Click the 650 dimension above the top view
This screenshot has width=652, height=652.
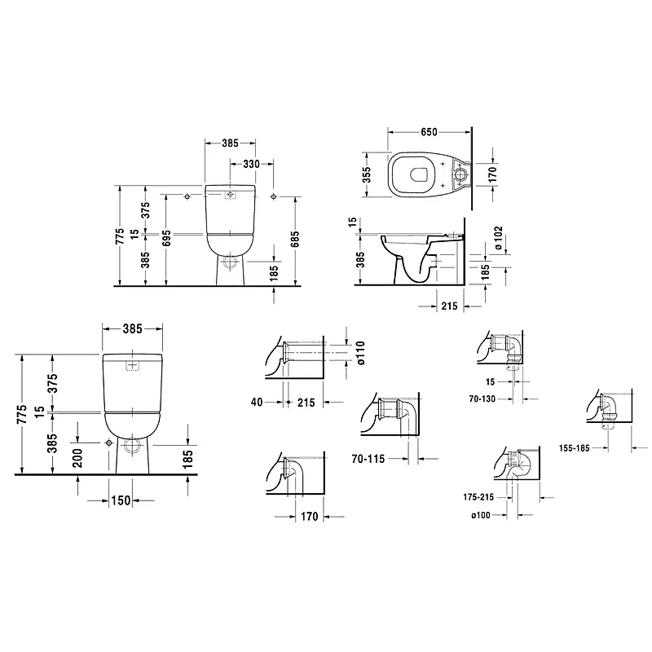429,132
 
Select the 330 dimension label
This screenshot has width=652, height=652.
252,165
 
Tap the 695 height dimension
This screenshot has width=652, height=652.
167,238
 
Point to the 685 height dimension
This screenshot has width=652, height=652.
295,239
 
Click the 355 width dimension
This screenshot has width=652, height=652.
366,175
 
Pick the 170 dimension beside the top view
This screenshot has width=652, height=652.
493,174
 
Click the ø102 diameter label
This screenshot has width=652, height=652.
499,238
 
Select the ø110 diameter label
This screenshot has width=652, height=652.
360,353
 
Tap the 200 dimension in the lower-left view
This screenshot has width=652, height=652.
77,458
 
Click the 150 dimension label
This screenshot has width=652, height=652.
121,500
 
